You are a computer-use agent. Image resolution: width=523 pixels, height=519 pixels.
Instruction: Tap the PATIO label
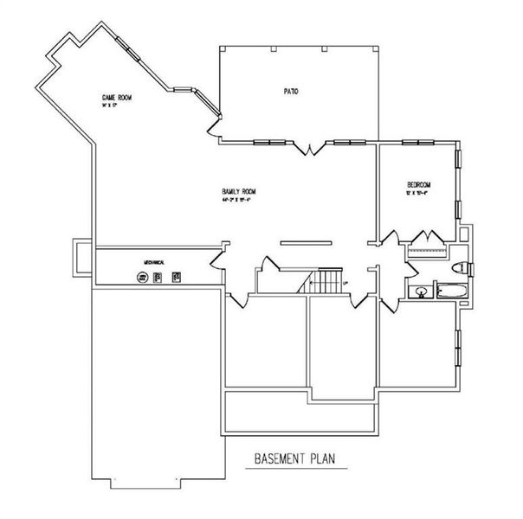(x=291, y=90)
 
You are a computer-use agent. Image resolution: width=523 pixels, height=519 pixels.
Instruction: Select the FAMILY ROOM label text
(x=239, y=191)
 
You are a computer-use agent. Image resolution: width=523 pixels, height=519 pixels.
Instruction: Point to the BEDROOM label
(x=419, y=185)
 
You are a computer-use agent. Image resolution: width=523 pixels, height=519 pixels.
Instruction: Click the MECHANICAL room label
(x=154, y=260)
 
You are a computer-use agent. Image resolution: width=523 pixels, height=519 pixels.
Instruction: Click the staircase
(x=327, y=281)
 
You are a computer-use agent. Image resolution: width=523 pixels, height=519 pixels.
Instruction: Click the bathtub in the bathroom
(x=451, y=291)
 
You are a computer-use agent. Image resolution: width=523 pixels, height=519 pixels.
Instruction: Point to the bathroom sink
(x=421, y=291)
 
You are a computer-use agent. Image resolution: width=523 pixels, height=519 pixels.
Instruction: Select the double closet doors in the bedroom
(x=426, y=237)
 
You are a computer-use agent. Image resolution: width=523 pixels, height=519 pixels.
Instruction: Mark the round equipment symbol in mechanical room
(x=141, y=278)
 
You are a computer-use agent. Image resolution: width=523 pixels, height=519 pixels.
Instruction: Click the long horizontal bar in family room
(x=305, y=243)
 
